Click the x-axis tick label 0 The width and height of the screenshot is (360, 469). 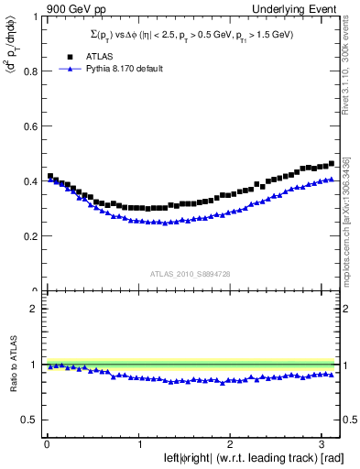click(47, 444)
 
